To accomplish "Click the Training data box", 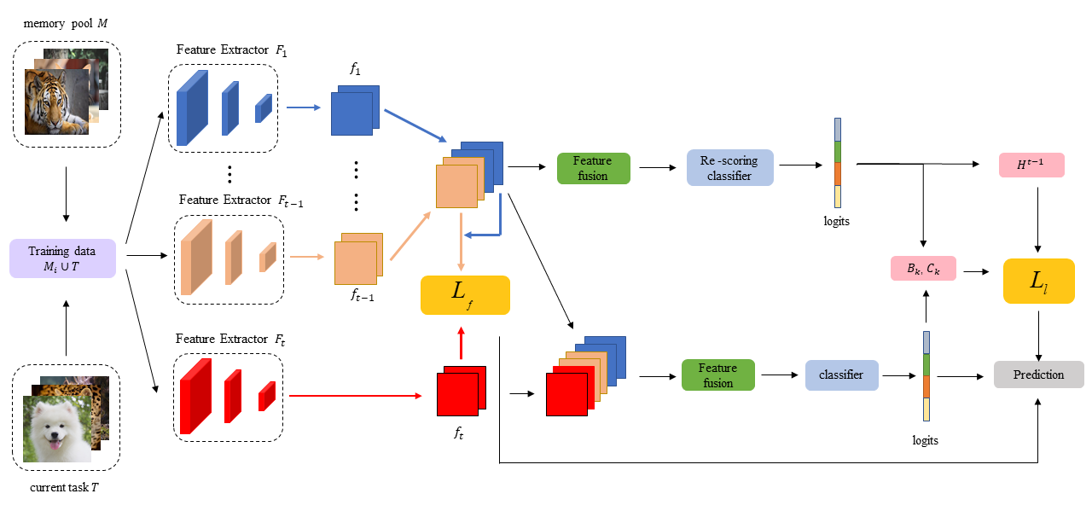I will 61,257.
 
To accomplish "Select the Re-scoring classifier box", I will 729,168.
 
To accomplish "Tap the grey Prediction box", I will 1038,375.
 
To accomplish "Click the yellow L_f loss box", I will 465,295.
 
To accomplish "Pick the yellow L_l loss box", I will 1038,282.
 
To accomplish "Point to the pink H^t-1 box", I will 1031,165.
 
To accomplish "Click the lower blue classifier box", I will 841,375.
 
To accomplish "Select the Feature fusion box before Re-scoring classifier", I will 592,168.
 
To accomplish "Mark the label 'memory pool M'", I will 66,21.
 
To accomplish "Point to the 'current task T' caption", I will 65,488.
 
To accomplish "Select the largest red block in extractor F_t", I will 195,396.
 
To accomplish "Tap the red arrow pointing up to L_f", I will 462,345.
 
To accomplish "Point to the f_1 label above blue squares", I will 355,71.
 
